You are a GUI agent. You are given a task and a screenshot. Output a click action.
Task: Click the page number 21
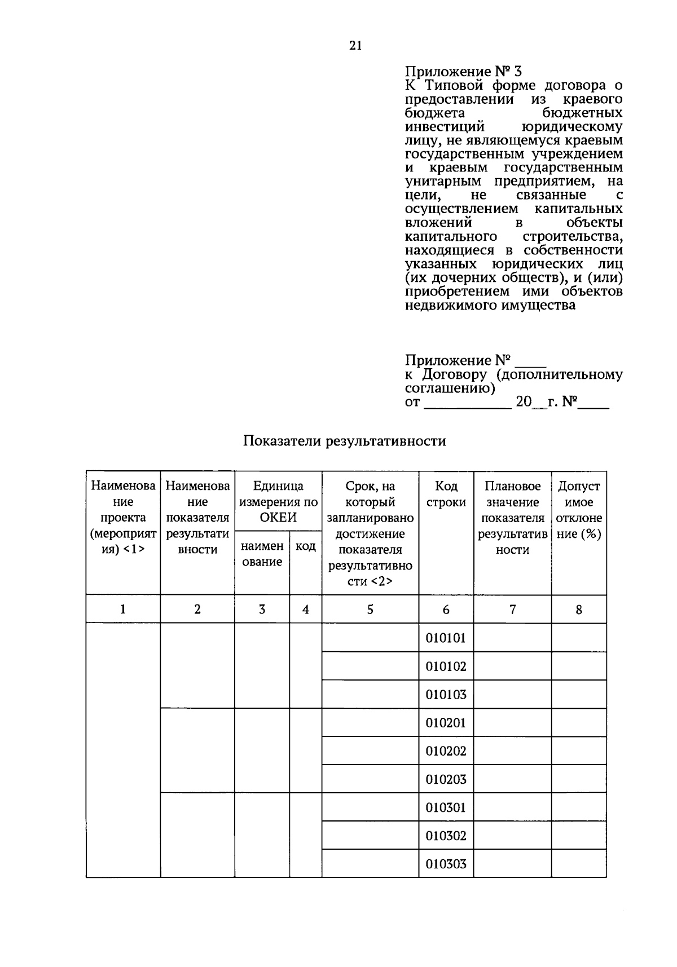coord(355,46)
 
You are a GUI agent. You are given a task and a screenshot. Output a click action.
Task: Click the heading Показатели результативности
coord(344,441)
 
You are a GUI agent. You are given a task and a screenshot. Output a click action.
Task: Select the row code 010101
coord(446,638)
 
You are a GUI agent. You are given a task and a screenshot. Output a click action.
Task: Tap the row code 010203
coord(446,779)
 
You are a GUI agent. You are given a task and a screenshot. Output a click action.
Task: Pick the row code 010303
coord(446,864)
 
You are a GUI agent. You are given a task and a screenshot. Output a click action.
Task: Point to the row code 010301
coord(446,807)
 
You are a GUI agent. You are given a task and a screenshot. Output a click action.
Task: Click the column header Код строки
coord(446,494)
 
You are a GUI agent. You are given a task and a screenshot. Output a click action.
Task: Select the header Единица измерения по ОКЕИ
coord(278,502)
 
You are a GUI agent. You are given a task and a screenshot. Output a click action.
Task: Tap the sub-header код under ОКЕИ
coord(305,546)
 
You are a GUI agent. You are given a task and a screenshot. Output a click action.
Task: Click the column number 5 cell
coord(370,610)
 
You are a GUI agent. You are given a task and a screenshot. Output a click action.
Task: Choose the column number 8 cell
coord(579,610)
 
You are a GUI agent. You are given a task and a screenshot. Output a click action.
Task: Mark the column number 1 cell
coord(123,610)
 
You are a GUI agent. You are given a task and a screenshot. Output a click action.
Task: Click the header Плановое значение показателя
coord(512,518)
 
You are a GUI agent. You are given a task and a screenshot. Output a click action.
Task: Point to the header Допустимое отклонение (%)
coord(579,510)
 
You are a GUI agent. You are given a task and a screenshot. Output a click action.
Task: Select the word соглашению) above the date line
coord(450,388)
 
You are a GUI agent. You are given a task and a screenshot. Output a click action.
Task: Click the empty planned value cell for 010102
coord(512,666)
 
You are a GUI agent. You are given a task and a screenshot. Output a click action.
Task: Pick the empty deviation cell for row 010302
coord(579,836)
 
